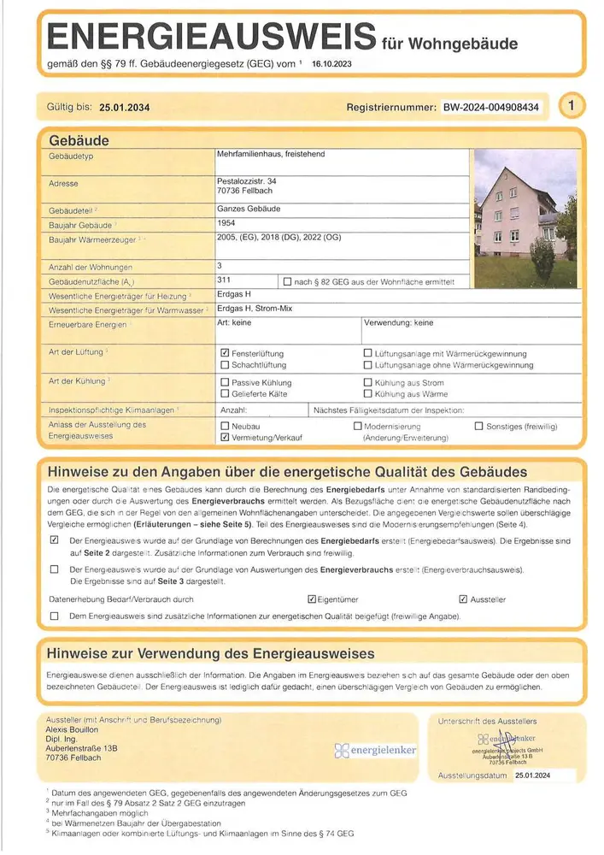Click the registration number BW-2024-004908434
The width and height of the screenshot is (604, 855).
click(490, 108)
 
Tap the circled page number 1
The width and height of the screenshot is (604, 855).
click(572, 106)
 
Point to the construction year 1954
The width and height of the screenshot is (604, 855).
click(227, 222)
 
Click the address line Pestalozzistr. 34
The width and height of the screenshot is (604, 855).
click(247, 181)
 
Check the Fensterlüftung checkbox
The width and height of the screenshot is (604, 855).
click(225, 353)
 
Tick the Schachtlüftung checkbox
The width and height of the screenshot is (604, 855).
click(225, 365)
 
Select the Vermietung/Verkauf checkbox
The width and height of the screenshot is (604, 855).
click(225, 437)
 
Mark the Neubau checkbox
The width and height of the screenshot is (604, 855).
click(225, 426)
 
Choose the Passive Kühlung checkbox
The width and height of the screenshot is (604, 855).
click(225, 382)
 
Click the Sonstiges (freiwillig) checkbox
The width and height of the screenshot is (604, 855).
click(479, 426)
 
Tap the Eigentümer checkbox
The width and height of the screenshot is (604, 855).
click(312, 598)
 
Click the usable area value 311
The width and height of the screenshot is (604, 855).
click(225, 280)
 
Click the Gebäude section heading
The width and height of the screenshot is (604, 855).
click(78, 140)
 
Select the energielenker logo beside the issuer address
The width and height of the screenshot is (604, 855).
click(376, 750)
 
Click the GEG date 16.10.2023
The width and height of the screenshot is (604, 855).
click(332, 64)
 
